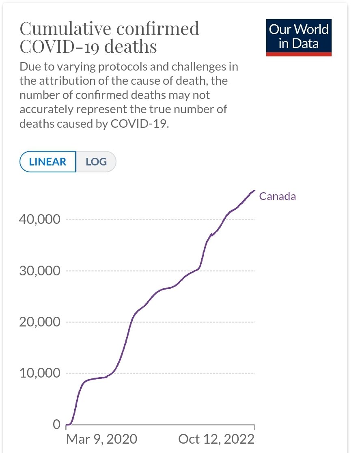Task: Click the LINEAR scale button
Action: (47, 161)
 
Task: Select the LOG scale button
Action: (96, 161)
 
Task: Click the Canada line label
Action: (278, 196)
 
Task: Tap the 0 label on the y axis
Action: (56, 425)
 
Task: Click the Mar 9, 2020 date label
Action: (101, 439)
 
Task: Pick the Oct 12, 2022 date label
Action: (216, 439)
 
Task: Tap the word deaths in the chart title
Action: (131, 47)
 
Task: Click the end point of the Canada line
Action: (254, 190)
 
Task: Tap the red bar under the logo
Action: (299, 54)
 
